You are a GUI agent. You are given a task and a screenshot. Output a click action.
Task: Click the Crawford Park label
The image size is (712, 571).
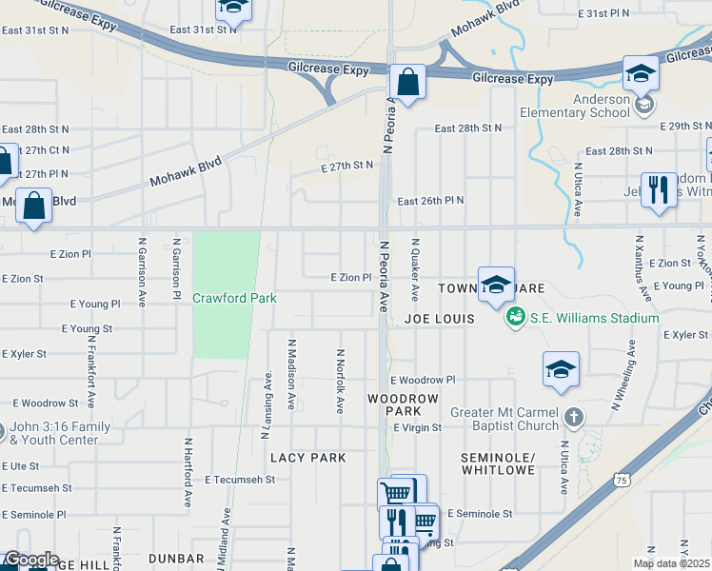click(x=234, y=298)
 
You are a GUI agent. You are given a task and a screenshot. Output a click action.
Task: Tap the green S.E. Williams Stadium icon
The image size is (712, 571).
click(x=516, y=317)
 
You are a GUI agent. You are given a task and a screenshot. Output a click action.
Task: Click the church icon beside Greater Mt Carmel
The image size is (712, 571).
click(x=573, y=416)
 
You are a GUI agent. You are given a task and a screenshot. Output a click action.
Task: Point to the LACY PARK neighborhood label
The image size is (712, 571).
click(x=307, y=458)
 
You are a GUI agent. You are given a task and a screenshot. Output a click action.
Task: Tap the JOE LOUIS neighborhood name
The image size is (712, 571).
click(x=439, y=319)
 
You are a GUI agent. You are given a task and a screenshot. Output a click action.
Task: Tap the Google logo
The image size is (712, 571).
click(x=30, y=560)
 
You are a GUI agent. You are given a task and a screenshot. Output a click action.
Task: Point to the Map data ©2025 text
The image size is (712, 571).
click(x=672, y=563)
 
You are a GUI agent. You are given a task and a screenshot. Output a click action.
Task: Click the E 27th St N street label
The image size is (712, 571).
click(x=347, y=165)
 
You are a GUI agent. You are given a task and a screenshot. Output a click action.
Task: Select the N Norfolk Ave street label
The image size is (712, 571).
click(x=339, y=381)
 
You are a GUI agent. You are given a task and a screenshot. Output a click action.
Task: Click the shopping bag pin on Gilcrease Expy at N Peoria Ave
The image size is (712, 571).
click(x=407, y=83)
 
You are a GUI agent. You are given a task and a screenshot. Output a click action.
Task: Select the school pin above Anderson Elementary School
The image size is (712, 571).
click(x=642, y=72)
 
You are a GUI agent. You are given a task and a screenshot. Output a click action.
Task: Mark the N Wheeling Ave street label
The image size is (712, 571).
click(x=631, y=373)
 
